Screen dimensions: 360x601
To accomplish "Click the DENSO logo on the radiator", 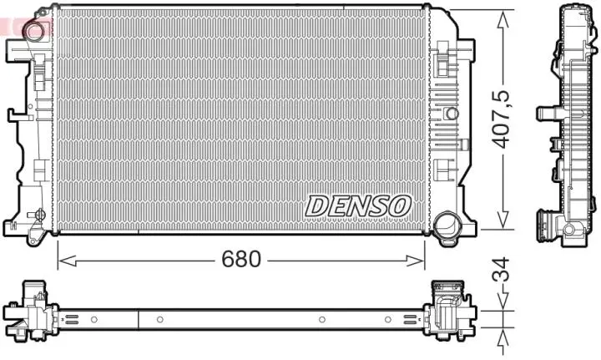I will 359,204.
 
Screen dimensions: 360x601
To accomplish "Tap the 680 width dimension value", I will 240,259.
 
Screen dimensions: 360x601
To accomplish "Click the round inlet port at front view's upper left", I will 35,32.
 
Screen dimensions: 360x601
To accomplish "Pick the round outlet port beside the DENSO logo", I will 447,224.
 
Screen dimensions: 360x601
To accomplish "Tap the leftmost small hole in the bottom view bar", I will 94,319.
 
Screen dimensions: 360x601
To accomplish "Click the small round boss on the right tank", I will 451,113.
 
